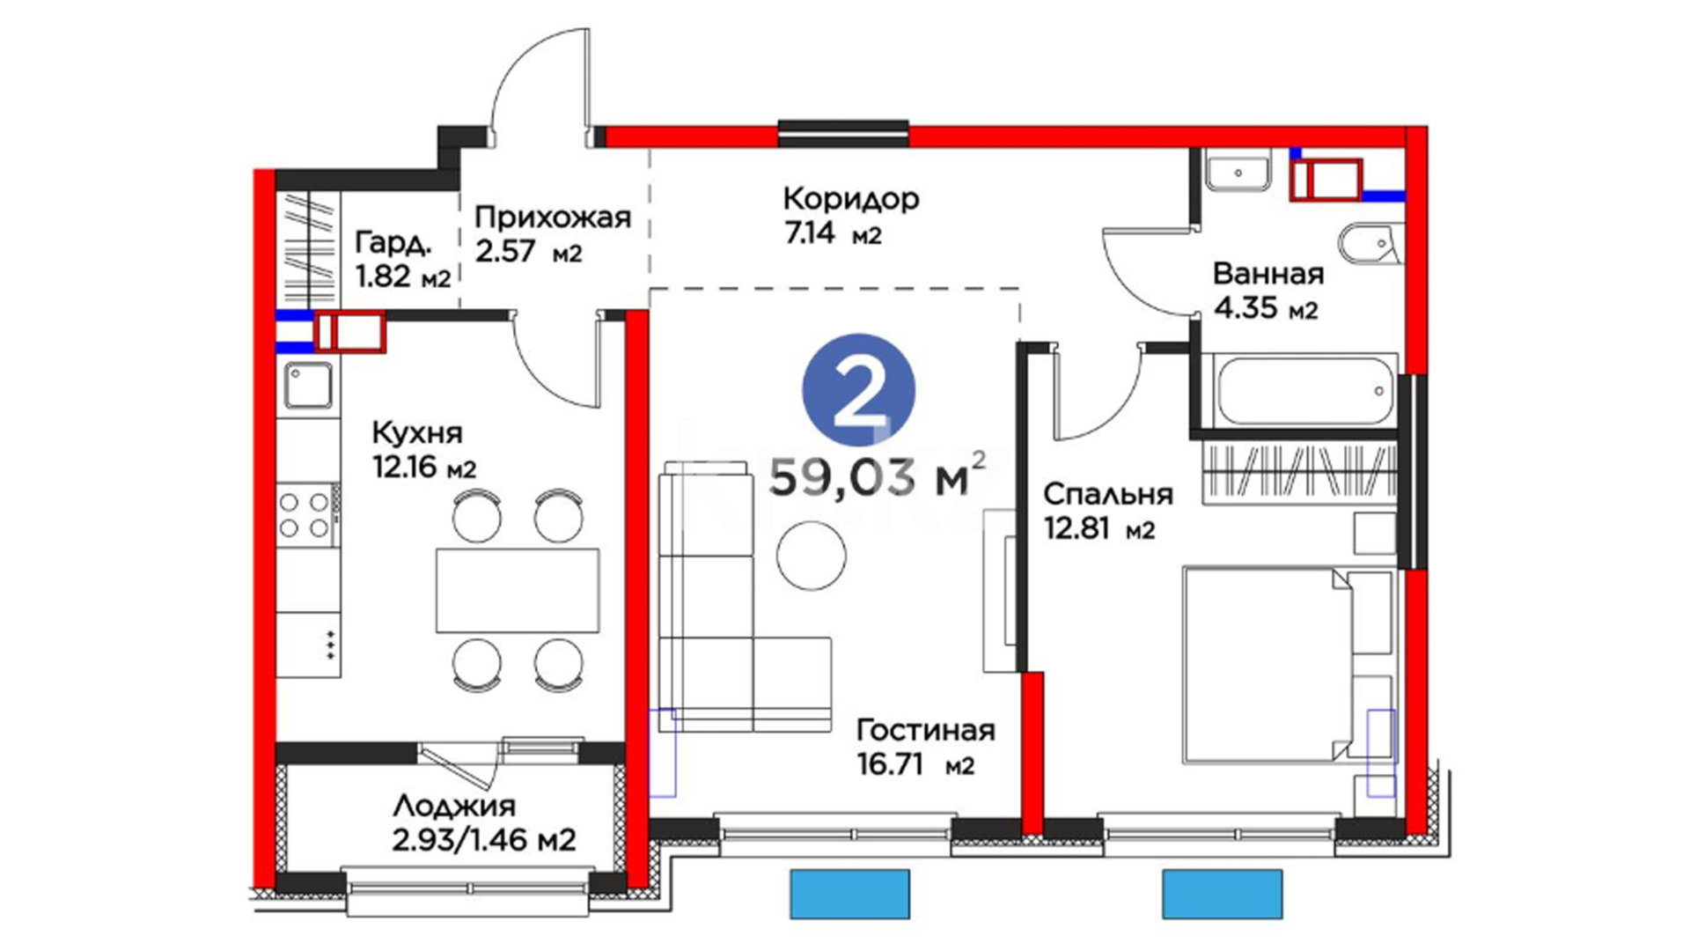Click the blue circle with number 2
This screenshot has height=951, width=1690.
coord(858,390)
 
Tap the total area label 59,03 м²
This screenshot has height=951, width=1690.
coord(878,476)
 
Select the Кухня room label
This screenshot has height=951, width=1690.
coord(417,433)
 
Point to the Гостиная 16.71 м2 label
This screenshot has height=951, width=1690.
coord(926,748)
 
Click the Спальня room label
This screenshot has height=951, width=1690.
coord(1108,495)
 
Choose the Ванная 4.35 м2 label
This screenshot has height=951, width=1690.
coord(1268,291)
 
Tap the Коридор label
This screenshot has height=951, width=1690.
coord(851,199)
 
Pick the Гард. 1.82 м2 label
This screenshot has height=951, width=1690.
coord(402,260)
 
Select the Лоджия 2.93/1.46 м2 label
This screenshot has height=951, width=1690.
coord(484,823)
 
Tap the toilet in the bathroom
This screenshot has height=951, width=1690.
coord(1369,244)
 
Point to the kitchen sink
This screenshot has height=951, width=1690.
coord(308,386)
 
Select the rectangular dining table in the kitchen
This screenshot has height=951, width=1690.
coord(518,590)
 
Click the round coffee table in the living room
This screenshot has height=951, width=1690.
coord(811,556)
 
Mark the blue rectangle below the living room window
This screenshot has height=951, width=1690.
coord(849,894)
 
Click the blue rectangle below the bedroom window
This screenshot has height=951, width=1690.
coord(1223,894)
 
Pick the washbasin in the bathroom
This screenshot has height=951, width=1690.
coord(1238,171)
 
